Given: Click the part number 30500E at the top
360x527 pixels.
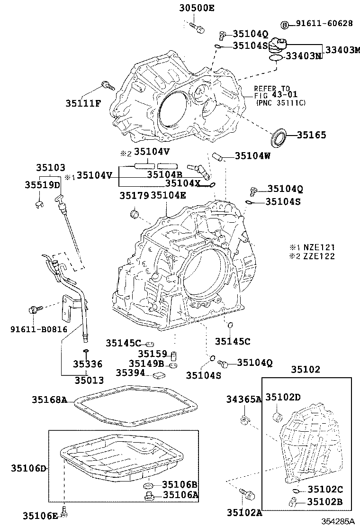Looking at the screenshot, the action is [197, 8].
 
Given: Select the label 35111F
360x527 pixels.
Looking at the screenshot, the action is [83, 103].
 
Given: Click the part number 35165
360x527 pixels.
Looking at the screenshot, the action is [311, 135].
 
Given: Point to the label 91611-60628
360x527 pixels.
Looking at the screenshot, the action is [324, 23].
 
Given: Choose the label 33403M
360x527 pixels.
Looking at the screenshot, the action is [342, 50].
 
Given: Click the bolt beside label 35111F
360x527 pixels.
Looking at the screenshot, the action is [108, 85].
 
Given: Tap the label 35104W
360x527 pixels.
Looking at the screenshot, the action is [252, 155].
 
